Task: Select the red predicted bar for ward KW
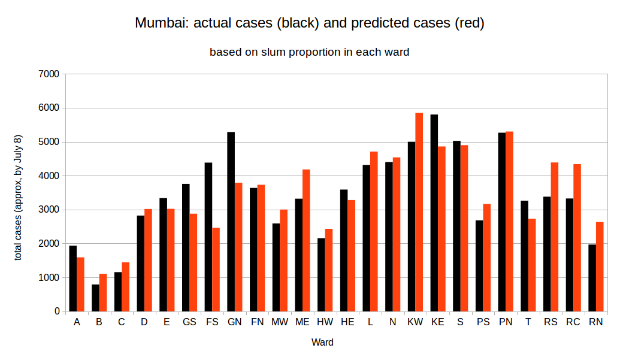pos(419,212)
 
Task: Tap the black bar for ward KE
pos(434,213)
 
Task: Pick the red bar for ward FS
pos(216,270)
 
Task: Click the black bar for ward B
pos(95,298)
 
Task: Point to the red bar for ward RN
pos(599,267)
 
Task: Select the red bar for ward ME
pos(306,240)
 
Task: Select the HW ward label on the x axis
pos(325,322)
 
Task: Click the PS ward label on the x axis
pos(483,322)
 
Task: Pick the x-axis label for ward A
pos(77,322)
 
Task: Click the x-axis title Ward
pos(322,343)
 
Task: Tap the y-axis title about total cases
pos(19,198)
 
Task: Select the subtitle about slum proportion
pos(309,52)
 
